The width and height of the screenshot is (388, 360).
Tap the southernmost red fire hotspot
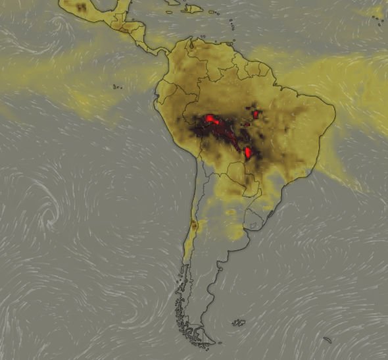[x=248, y=153]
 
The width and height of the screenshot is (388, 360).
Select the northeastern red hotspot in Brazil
[x=255, y=114]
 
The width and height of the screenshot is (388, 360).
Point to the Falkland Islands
[x=239, y=322]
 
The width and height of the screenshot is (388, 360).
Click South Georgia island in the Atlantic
[x=327, y=340]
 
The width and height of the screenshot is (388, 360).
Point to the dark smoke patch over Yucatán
[x=82, y=7]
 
